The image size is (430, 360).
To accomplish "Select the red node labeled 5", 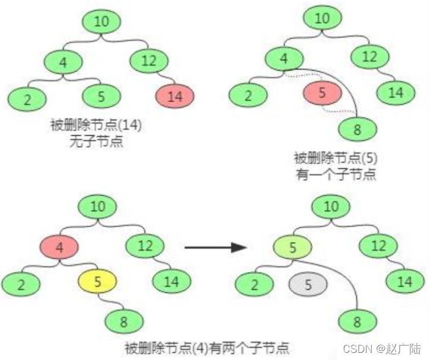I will coord(322,93).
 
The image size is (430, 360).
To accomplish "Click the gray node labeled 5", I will coord(308,285).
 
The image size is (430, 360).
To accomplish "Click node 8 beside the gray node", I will coord(356,323).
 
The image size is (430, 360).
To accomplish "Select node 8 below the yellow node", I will coord(125,322).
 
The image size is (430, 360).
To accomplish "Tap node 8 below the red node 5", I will coord(356,130).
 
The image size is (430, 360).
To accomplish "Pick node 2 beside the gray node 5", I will coord(254,286).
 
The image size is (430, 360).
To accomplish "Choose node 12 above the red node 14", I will coord(145,60).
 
